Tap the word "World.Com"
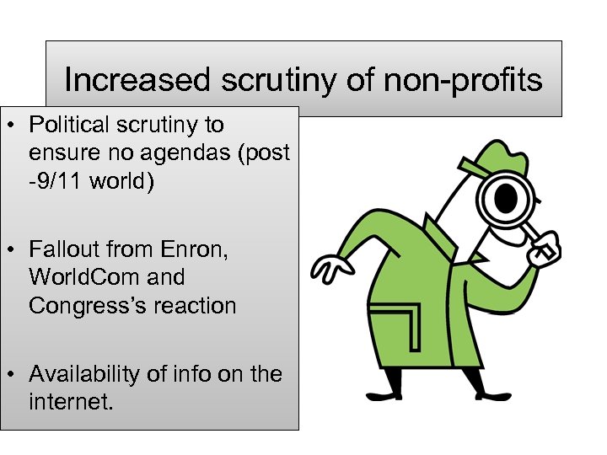(x=78, y=278)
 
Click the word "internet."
(x=70, y=402)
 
